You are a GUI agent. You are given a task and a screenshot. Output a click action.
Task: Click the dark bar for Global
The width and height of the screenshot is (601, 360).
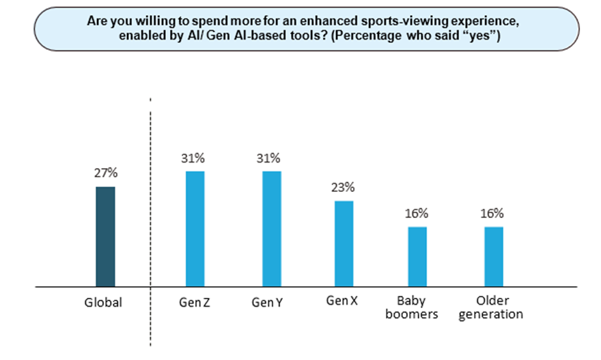[x=105, y=236]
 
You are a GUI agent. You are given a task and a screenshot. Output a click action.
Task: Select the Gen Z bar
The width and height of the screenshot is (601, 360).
[x=195, y=228]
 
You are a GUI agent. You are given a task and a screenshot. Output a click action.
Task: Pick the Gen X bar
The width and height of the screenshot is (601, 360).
[x=344, y=243]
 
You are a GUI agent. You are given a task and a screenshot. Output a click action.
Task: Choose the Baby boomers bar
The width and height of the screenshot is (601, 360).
[x=417, y=256]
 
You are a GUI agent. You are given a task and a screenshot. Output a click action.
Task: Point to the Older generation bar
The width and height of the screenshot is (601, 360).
[x=493, y=256]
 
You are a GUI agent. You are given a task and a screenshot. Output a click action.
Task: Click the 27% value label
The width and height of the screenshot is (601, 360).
[x=105, y=174]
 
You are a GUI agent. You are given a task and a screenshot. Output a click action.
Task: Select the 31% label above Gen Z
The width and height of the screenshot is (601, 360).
[x=195, y=158]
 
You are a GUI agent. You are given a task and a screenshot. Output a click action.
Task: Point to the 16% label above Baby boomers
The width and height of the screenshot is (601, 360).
[x=417, y=213]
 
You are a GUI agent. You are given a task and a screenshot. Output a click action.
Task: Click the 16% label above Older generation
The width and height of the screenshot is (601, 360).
[x=493, y=213]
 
